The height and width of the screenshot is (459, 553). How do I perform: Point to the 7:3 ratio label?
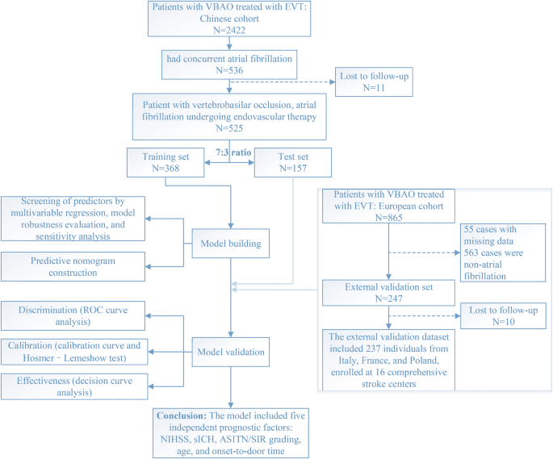[230, 152]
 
